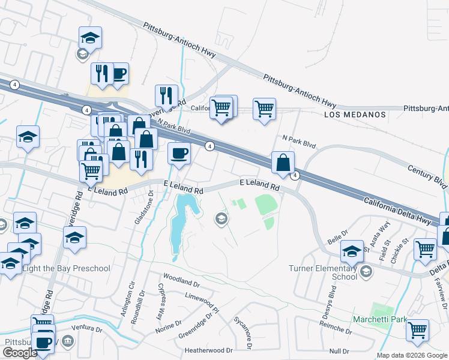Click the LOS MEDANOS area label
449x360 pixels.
point(354,114)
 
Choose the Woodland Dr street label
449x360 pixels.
point(180,282)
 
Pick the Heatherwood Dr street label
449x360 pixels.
point(208,350)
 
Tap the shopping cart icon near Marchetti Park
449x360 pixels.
point(417,329)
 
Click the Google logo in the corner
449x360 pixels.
point(20,353)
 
